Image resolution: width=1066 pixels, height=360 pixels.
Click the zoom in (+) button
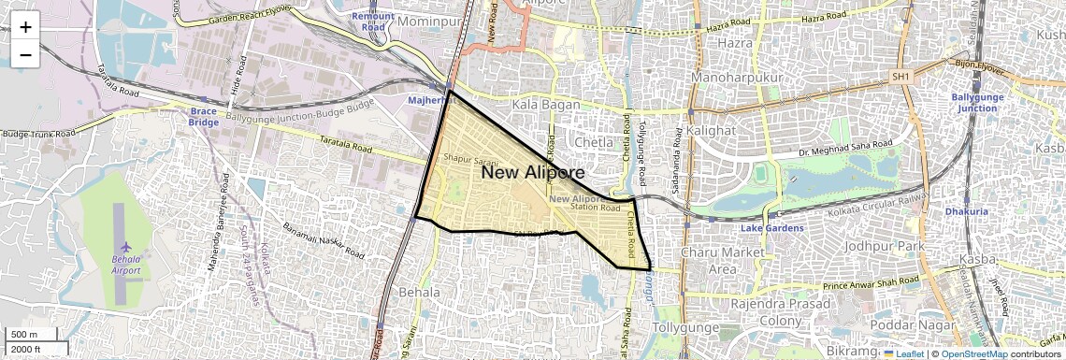coord(25,27)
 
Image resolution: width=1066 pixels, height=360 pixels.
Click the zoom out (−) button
coord(25,54)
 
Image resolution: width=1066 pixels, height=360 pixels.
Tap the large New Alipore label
coord(532,173)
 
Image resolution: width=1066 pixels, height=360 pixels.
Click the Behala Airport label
coord(125,265)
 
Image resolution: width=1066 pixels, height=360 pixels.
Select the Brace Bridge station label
coord(203,116)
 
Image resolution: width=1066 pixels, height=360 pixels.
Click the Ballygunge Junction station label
coord(973,102)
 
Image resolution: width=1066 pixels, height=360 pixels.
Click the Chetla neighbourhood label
coord(591,142)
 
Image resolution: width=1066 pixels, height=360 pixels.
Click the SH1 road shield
coord(900,77)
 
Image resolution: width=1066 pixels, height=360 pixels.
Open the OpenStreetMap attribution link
coord(973,354)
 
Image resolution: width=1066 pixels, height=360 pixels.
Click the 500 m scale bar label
coord(24,335)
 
